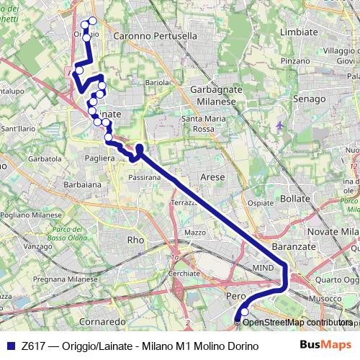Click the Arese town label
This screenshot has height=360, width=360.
pyautogui.click(x=212, y=176)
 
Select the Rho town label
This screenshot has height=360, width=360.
pyautogui.click(x=135, y=240)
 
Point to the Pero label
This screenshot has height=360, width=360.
pyautogui.click(x=236, y=297)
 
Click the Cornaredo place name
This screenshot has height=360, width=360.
pyautogui.click(x=103, y=321)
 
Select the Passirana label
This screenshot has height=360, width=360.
pyautogui.click(x=144, y=176)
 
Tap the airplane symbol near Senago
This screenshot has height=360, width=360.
pyautogui.click(x=280, y=126)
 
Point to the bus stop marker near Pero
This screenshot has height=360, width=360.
pyautogui.click(x=244, y=312)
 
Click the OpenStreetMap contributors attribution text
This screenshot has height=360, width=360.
pyautogui.click(x=297, y=323)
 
